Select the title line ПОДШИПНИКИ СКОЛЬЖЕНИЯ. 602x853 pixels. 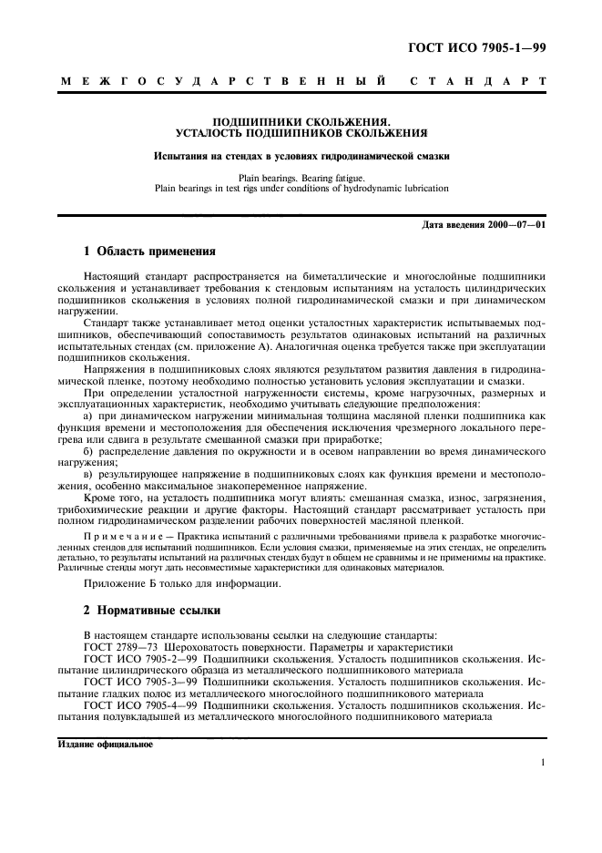click(301, 120)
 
